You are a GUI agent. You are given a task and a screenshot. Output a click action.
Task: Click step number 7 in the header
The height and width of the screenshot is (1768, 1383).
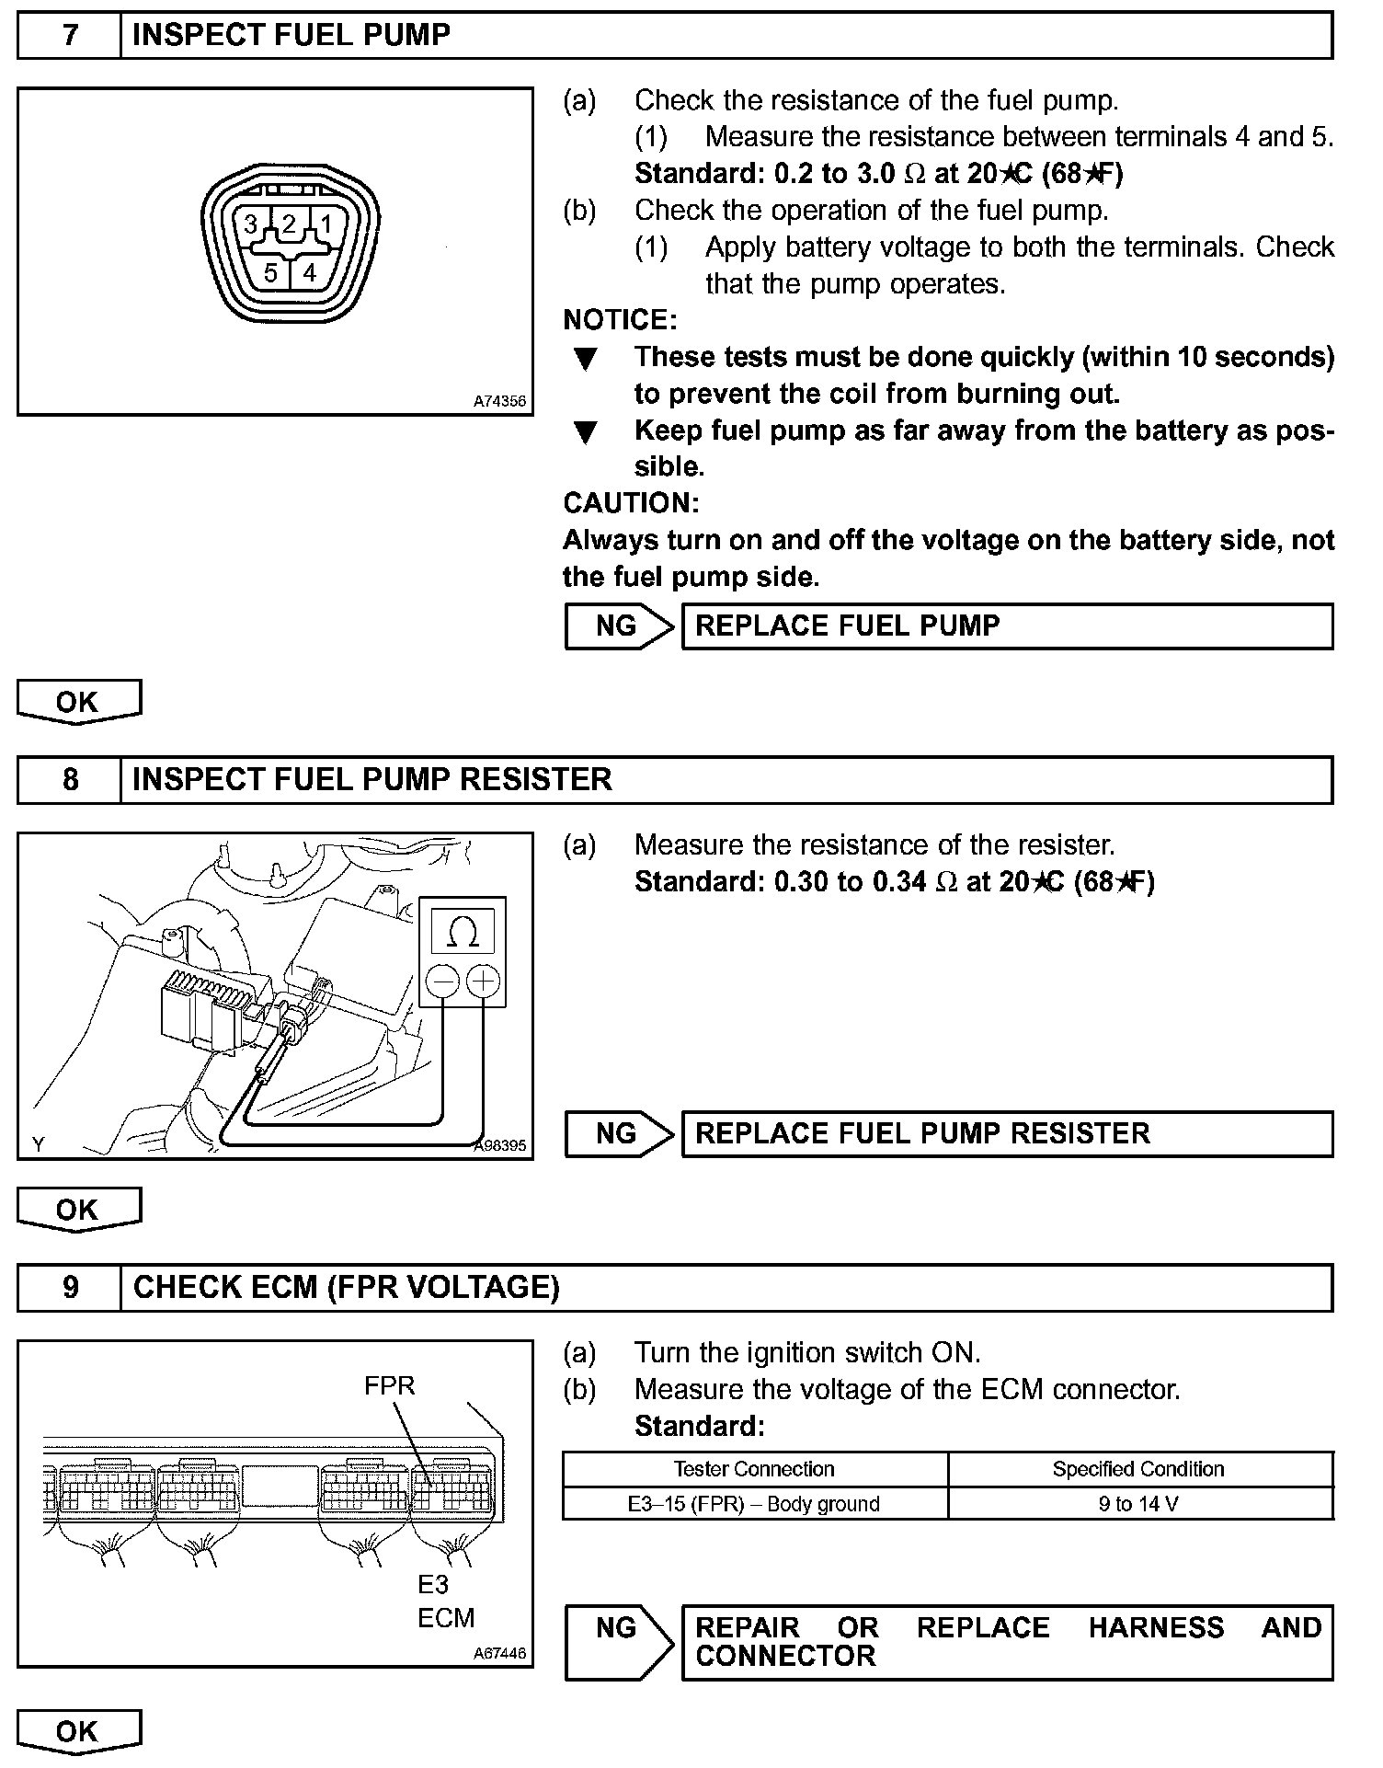click(x=70, y=36)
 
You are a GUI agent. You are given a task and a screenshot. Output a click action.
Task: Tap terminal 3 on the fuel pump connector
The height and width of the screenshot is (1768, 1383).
click(x=250, y=224)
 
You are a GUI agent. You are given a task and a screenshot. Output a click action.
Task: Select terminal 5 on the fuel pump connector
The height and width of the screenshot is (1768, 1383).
click(x=270, y=272)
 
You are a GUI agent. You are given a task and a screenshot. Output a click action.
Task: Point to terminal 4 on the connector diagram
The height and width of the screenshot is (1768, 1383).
click(x=310, y=272)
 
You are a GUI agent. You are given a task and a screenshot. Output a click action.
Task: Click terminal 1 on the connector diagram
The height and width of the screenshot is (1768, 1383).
click(x=325, y=224)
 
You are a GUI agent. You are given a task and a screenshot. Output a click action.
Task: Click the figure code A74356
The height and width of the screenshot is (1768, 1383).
click(x=499, y=401)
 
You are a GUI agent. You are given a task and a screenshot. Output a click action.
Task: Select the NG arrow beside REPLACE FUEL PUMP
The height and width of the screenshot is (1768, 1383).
click(x=618, y=626)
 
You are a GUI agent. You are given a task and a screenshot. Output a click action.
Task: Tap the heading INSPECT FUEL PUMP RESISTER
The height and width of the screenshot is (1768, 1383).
click(x=372, y=780)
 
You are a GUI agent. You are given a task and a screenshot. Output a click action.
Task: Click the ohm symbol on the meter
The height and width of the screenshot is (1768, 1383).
click(x=463, y=932)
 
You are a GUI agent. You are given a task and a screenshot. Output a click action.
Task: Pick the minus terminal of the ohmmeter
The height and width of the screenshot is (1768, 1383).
click(x=442, y=982)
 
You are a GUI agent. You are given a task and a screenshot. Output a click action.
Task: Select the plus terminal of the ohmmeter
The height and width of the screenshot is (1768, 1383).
click(x=484, y=982)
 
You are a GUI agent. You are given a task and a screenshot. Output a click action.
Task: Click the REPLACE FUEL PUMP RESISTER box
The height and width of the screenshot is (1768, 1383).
click(x=1007, y=1133)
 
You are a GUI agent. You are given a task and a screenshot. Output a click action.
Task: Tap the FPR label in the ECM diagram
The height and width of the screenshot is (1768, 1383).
click(x=389, y=1385)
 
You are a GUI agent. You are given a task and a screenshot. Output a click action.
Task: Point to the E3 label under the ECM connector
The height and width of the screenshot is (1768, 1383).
click(x=433, y=1584)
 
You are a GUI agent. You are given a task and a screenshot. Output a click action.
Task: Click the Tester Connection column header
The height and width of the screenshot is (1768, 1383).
click(x=754, y=1469)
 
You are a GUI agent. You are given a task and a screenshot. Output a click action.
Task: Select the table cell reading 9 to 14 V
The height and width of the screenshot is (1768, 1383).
click(x=1138, y=1504)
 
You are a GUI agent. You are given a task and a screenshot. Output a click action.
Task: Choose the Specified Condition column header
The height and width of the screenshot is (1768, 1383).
click(x=1138, y=1469)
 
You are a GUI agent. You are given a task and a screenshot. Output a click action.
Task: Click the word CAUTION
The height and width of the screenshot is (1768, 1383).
click(x=631, y=503)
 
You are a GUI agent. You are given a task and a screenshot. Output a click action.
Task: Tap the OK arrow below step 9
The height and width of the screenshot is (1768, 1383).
click(x=78, y=1731)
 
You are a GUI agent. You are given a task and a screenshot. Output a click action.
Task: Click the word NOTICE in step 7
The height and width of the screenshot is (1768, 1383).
click(x=620, y=320)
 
